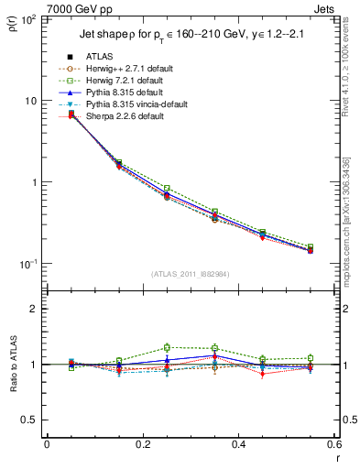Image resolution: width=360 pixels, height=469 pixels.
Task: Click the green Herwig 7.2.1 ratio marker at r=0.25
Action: click(x=167, y=347)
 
